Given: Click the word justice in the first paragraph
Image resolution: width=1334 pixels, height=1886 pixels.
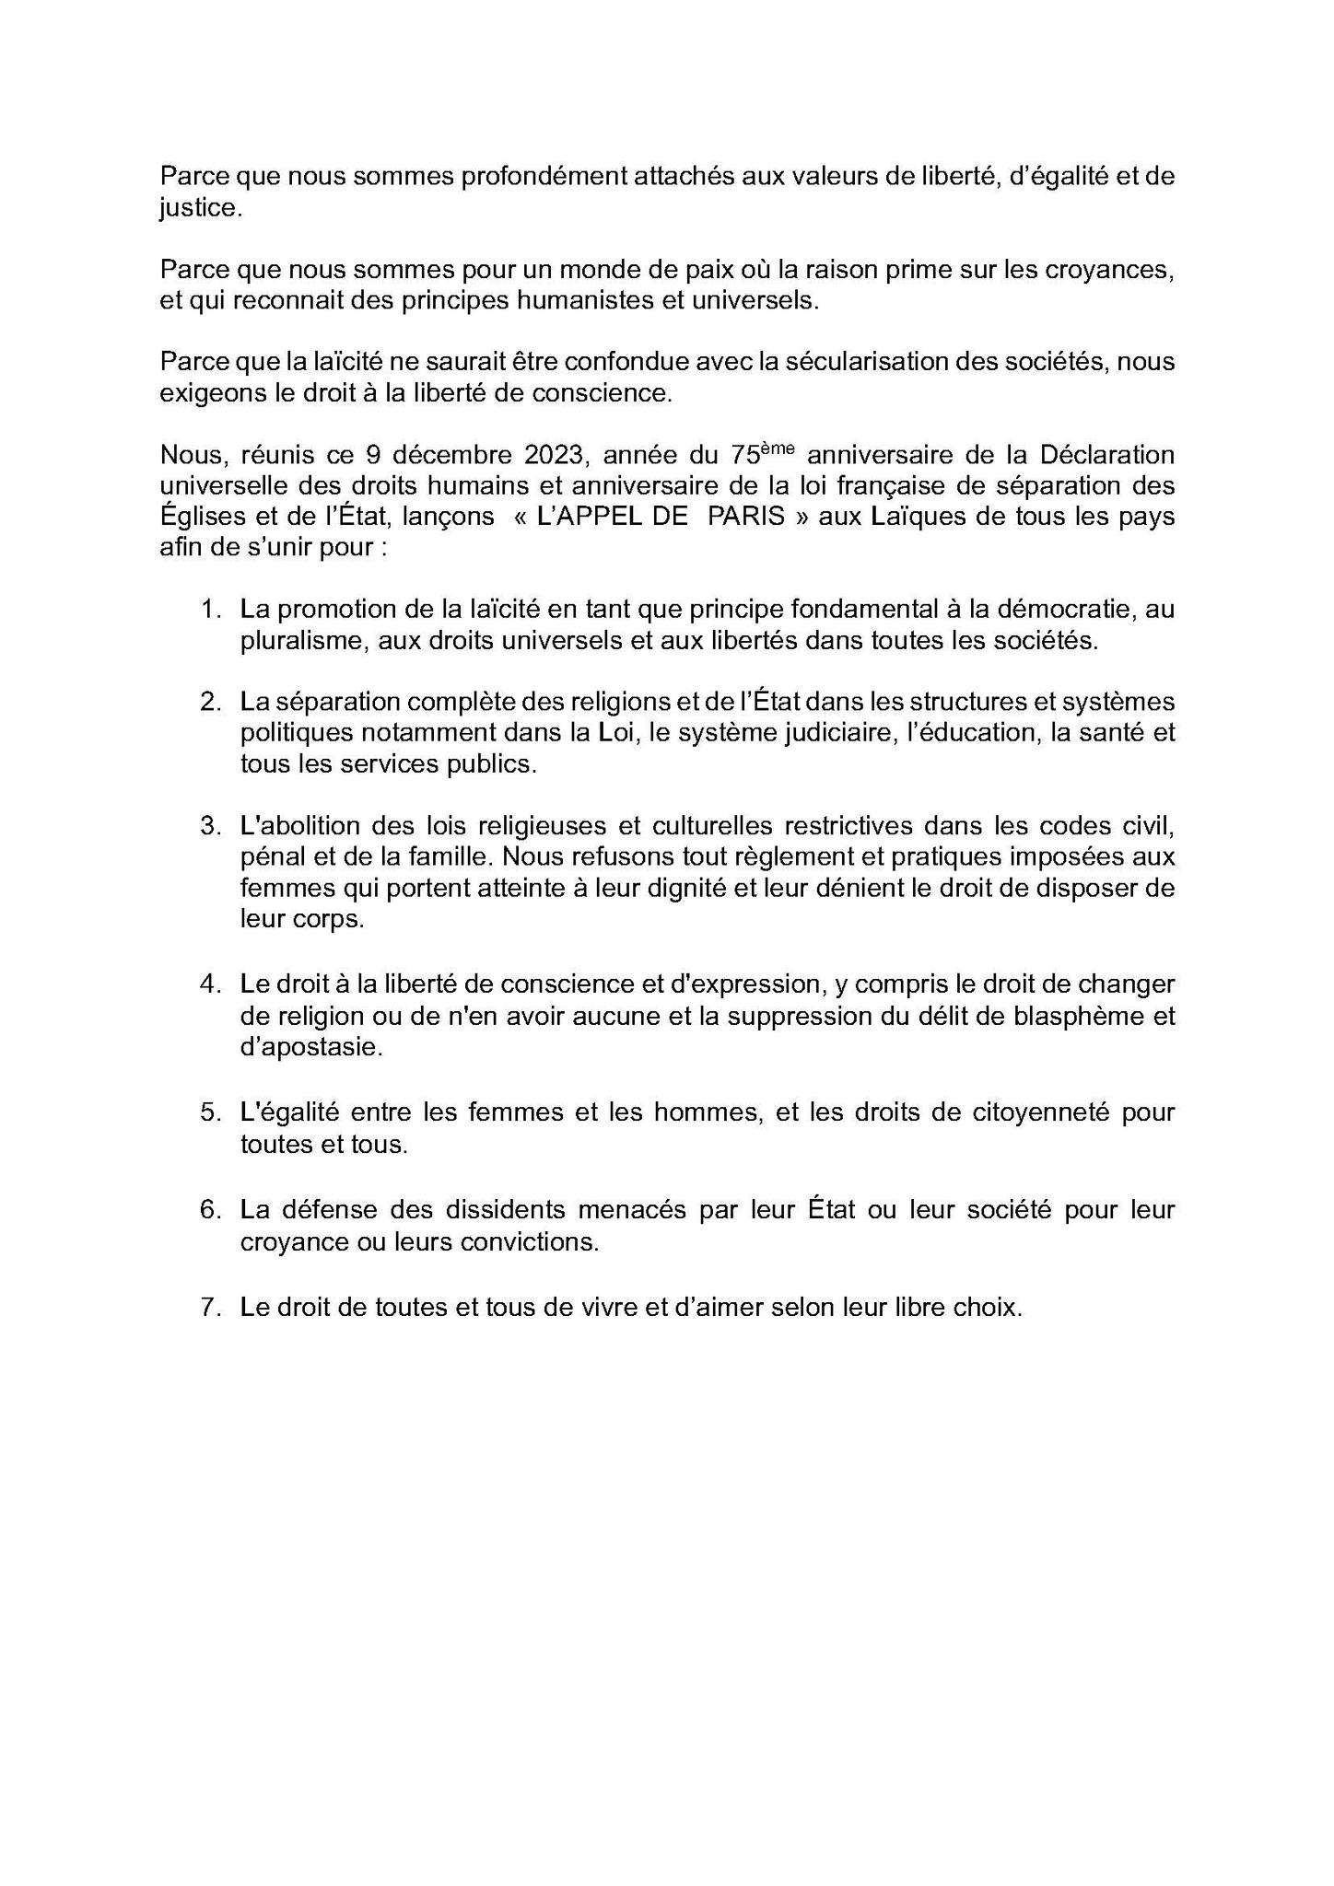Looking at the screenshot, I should point(199,209).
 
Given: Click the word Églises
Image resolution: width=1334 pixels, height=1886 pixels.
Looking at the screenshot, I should point(194,516).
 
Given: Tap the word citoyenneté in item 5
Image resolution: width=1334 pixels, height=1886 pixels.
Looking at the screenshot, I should point(1040,1112).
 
